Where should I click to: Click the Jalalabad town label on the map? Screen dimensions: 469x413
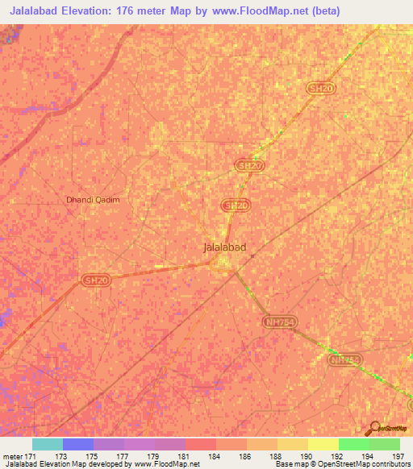(224, 248)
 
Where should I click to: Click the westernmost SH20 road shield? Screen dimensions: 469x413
(95, 280)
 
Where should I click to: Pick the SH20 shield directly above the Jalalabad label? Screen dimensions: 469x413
(235, 206)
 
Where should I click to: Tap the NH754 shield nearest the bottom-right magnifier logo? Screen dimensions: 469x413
(344, 360)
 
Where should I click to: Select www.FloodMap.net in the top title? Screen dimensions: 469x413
(261, 11)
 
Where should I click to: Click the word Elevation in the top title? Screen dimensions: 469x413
(95, 11)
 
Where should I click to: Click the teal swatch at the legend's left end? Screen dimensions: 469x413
(48, 444)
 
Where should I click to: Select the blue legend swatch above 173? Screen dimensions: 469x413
(78, 444)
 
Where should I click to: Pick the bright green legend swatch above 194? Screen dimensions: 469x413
(353, 444)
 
